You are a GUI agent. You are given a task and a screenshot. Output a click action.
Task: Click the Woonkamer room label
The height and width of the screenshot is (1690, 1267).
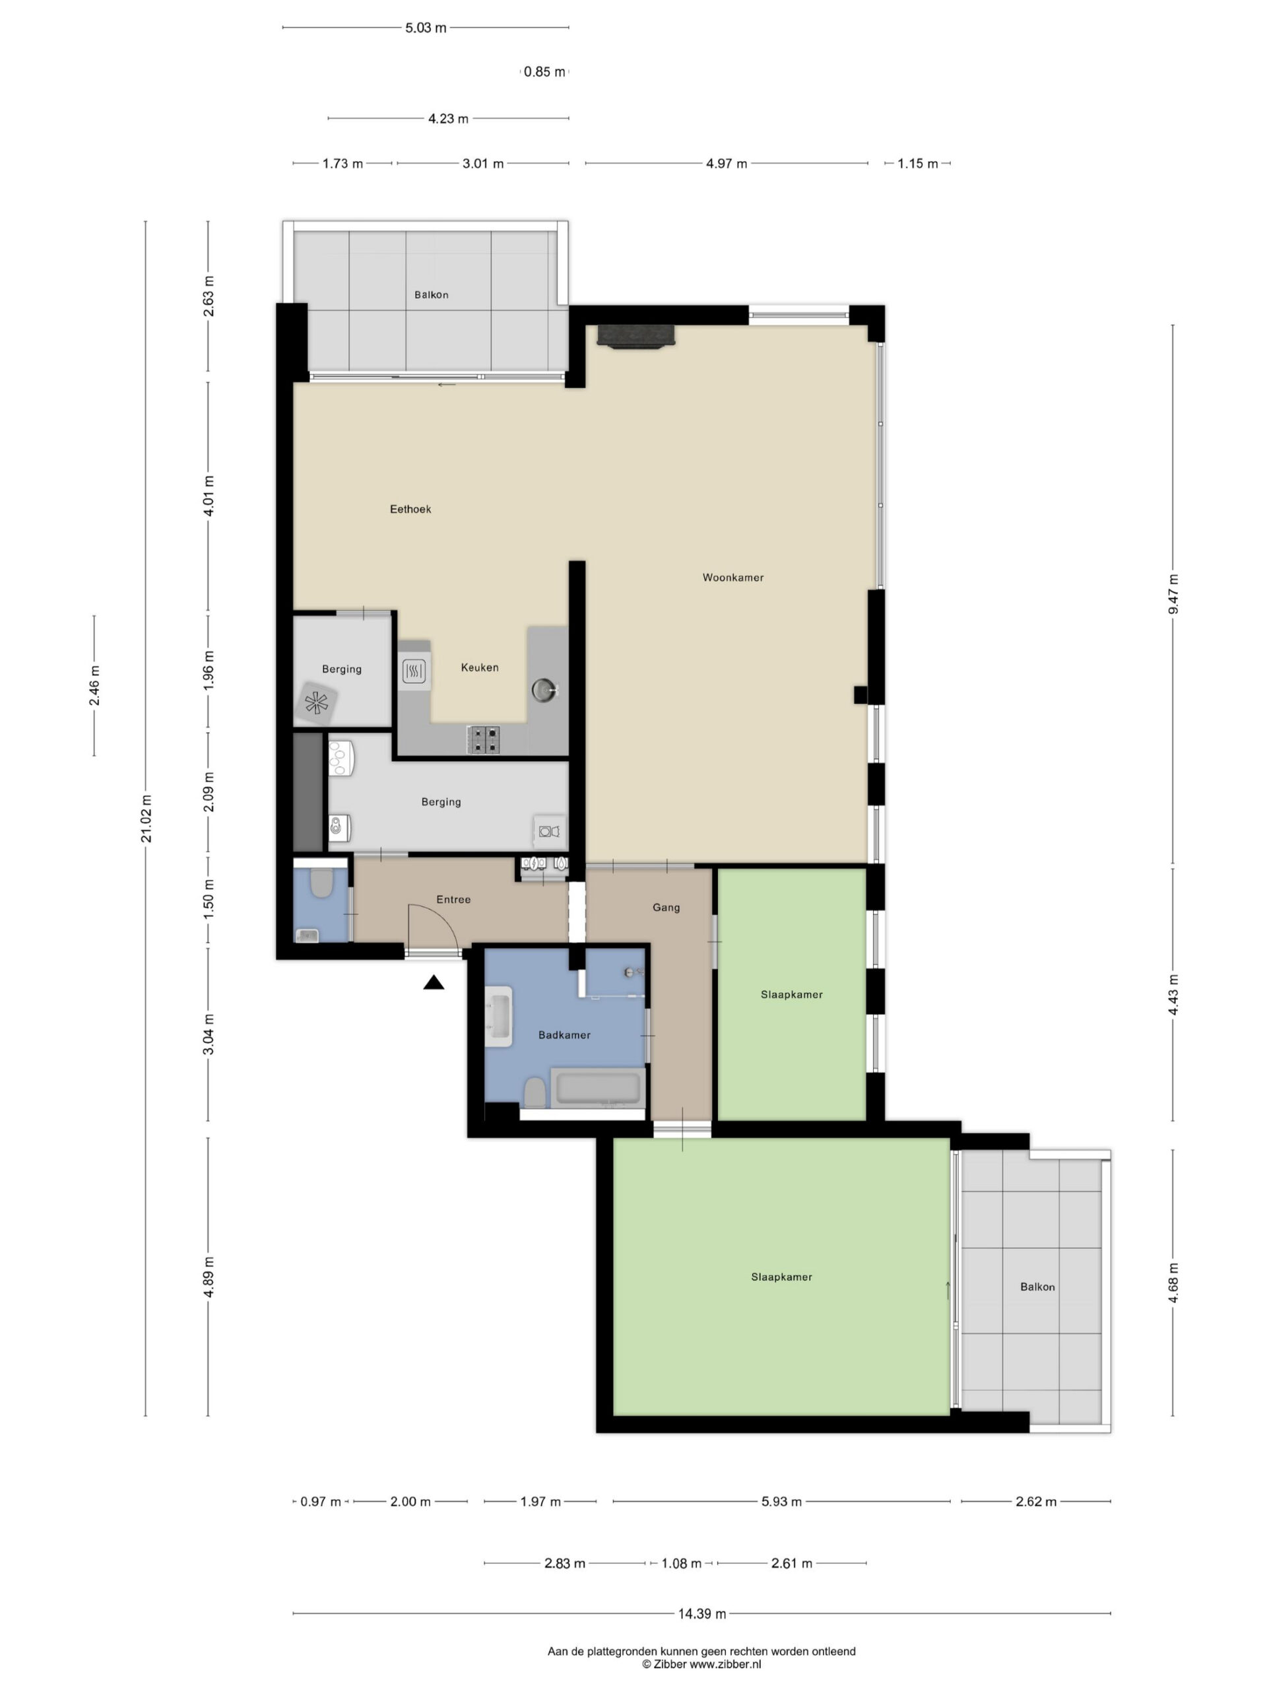coord(732,578)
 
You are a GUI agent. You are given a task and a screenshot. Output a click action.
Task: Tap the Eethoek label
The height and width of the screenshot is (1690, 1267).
coord(410,509)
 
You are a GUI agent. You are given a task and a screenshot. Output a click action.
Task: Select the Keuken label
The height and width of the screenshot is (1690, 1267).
coord(480,667)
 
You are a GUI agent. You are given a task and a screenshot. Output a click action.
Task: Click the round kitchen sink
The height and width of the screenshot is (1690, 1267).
coord(544,689)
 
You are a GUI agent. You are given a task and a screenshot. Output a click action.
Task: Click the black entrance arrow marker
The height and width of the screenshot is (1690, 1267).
coord(434,982)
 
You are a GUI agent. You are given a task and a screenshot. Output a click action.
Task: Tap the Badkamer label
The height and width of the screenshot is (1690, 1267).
coord(564,1034)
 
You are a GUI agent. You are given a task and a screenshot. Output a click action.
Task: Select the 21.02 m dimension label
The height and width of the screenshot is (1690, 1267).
coord(146,818)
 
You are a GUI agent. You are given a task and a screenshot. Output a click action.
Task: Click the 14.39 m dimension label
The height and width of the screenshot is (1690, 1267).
coord(702,1613)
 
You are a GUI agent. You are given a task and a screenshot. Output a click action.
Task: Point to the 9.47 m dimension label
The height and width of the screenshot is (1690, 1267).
coord(1173,593)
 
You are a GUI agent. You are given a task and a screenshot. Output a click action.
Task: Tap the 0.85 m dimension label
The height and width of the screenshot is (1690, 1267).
coord(544,72)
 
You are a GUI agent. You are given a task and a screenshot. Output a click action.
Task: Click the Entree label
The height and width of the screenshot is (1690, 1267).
coord(453,899)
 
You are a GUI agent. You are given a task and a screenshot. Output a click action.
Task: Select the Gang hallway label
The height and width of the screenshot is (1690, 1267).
coord(666,907)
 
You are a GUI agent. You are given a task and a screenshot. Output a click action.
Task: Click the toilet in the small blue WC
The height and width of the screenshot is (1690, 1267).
coord(321,883)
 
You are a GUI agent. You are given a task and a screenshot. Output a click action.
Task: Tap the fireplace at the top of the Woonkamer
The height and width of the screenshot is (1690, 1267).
coord(635,336)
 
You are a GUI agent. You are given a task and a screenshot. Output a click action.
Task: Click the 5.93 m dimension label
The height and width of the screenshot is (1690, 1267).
coord(781,1501)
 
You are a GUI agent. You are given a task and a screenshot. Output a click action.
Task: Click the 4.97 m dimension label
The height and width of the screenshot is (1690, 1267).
coord(727,164)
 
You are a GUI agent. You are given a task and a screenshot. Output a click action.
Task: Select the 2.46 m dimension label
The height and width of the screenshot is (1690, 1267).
coord(94,685)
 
